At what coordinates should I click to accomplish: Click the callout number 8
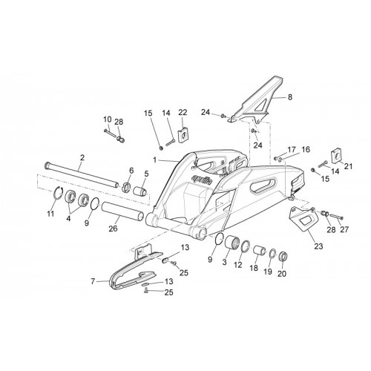tap(290, 97)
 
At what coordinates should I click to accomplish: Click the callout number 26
tap(113, 229)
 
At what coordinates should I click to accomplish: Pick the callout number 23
tap(318, 246)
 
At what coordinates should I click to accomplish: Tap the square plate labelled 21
tap(336, 156)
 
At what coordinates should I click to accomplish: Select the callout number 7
tap(93, 281)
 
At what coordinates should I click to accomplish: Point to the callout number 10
tap(108, 119)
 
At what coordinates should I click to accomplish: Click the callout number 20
tap(282, 274)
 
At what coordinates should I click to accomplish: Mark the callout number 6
tap(131, 170)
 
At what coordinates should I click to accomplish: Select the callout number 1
tap(155, 160)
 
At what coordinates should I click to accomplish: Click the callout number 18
tap(254, 268)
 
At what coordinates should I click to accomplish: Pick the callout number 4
tap(68, 218)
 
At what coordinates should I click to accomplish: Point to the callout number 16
tap(306, 149)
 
